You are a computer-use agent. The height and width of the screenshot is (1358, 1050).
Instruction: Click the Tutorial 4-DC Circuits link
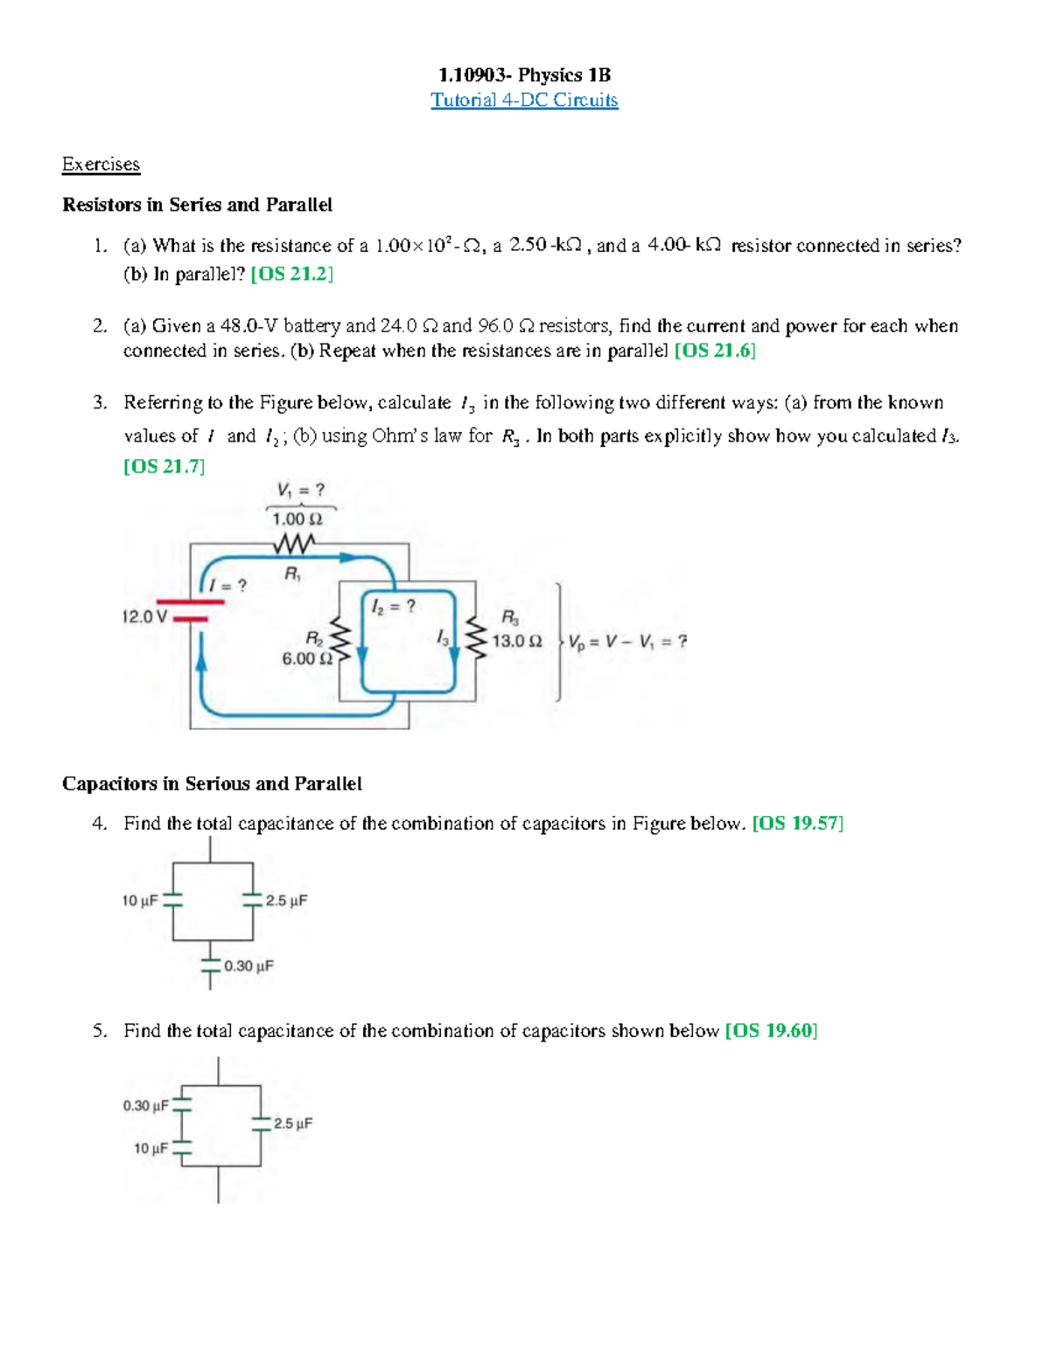point(524,101)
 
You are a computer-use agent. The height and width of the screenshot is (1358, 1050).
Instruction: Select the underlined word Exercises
point(101,164)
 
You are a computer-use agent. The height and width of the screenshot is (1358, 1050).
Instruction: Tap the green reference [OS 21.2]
point(291,274)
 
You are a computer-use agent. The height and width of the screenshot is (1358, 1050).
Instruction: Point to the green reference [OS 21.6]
point(715,351)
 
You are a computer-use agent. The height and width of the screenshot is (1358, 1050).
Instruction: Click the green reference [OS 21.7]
point(164,466)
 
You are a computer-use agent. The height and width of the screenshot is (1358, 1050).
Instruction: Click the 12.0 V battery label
point(144,616)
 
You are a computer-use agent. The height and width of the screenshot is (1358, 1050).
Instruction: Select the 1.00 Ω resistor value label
point(297,519)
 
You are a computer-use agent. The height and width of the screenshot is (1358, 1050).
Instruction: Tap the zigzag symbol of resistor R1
point(294,545)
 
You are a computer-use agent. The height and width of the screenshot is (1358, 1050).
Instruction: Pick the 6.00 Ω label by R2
point(307,658)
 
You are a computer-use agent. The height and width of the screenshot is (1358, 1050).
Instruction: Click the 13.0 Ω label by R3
point(516,641)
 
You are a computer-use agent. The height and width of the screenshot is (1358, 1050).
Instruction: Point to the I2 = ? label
point(393,606)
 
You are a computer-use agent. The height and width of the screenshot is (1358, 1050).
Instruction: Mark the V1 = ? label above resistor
point(301,491)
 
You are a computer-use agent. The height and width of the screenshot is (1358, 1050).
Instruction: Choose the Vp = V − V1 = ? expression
point(627,642)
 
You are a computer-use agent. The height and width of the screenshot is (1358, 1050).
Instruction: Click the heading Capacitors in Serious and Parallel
point(212,783)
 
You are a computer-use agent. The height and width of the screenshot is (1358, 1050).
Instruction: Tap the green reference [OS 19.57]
point(798,824)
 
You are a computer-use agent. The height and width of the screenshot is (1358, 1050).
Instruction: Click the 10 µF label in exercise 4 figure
point(139,901)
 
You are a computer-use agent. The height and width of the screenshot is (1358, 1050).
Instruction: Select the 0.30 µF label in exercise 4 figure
point(248,966)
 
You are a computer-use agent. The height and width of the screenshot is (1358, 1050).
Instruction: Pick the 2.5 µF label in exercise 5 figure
point(292,1124)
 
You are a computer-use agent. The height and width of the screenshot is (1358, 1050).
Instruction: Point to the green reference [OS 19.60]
point(771,1031)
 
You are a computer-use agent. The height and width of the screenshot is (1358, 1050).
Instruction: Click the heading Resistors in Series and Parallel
point(197,205)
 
